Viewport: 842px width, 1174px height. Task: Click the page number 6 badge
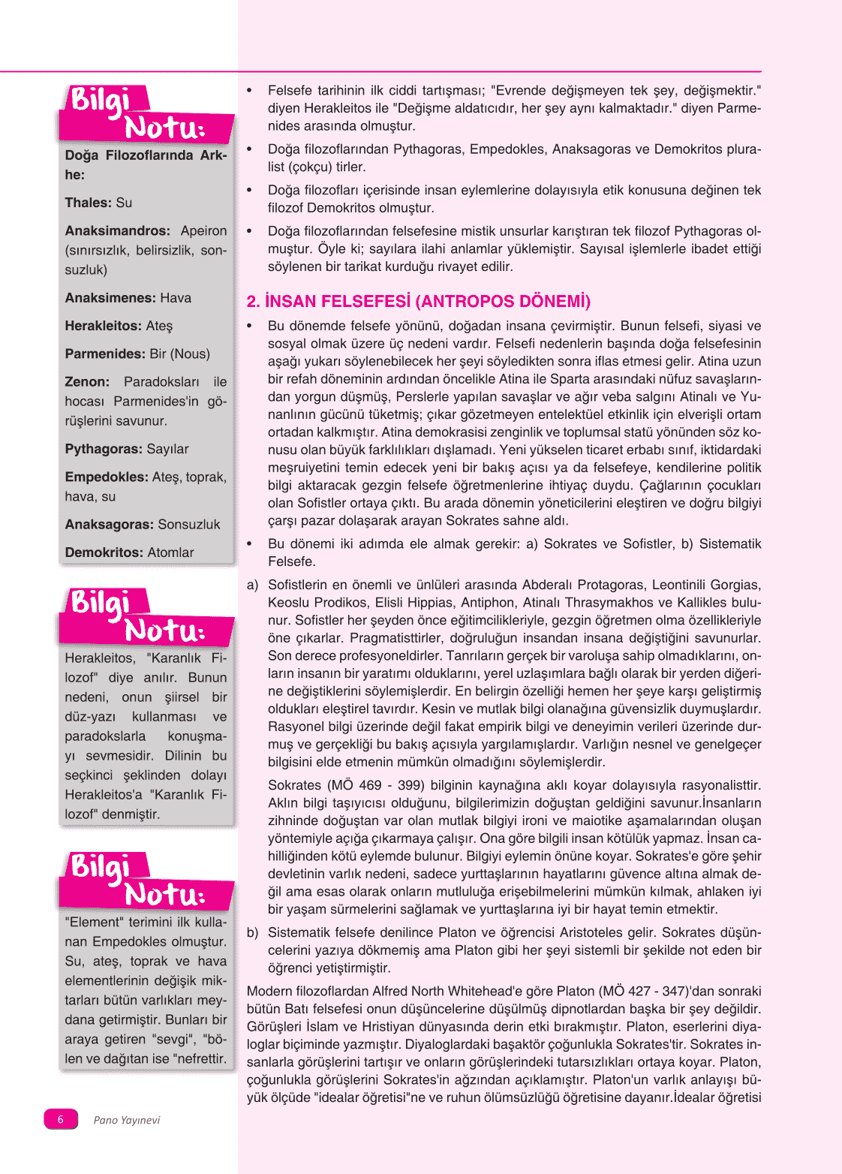click(x=61, y=1119)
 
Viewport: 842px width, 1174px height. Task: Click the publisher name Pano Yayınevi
click(x=126, y=1120)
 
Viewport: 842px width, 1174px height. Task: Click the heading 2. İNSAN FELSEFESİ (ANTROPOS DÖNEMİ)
click(x=418, y=302)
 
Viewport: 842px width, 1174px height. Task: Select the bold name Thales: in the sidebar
click(x=89, y=203)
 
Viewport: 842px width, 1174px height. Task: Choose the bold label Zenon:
click(x=87, y=382)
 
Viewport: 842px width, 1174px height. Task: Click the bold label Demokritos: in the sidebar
click(x=104, y=552)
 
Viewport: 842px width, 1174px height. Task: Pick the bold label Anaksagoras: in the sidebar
click(x=109, y=525)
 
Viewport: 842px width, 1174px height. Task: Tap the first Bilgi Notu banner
click(x=146, y=115)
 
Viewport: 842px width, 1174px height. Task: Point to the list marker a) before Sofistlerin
click(x=252, y=585)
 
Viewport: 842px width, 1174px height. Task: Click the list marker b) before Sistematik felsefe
click(x=252, y=932)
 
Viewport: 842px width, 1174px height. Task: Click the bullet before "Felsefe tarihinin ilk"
click(x=250, y=91)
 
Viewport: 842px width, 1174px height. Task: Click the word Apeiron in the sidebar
click(x=203, y=230)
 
